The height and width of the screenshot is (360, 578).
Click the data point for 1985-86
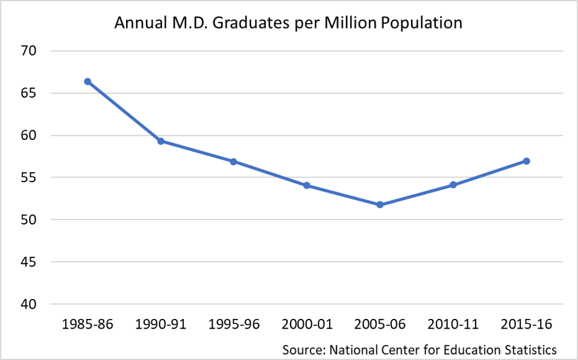tap(87, 81)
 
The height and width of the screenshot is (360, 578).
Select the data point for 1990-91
tap(161, 141)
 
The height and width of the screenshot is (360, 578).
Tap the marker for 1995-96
tap(234, 162)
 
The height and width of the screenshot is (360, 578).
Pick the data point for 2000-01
tap(307, 185)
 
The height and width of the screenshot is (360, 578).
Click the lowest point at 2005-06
tap(380, 204)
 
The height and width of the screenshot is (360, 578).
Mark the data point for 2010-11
tap(453, 185)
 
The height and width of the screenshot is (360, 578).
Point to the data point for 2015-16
tap(526, 161)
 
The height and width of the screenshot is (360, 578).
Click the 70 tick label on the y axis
tap(30, 51)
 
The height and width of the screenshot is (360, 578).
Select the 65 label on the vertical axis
tap(30, 93)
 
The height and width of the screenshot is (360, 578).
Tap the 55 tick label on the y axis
tap(30, 178)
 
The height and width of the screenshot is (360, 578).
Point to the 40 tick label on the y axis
tap(30, 305)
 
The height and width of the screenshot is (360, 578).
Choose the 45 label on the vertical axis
tap(30, 262)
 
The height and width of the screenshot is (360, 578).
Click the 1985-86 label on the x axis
tap(87, 325)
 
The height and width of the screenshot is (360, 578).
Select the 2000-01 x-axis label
tap(307, 325)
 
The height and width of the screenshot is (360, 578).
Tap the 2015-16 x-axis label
tap(526, 325)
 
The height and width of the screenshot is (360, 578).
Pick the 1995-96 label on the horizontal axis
tap(234, 325)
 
